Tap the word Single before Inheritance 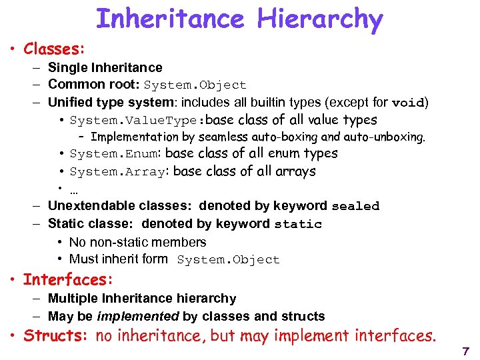66,67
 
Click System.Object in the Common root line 195,85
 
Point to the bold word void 408,103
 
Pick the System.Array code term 117,172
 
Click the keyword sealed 355,206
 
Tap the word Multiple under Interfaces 71,298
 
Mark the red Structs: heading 56,335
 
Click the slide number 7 465,351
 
